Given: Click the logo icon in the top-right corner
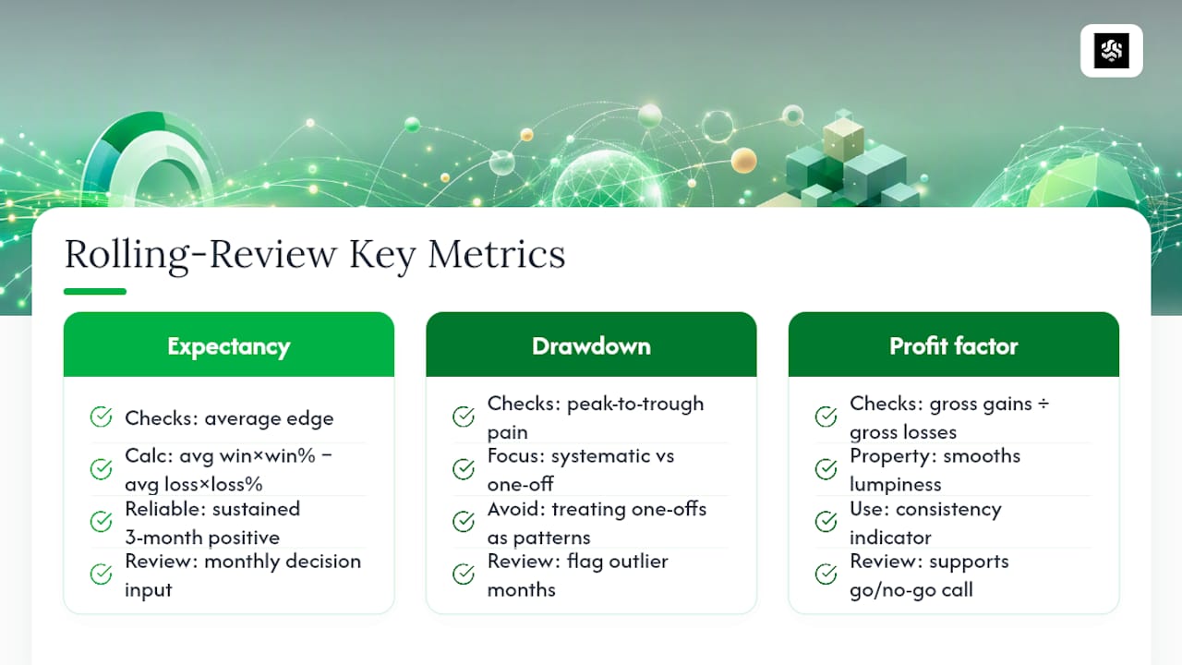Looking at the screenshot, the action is pyautogui.click(x=1111, y=51).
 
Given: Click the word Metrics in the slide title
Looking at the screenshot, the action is pyautogui.click(x=497, y=254).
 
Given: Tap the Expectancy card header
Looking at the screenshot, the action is pyautogui.click(x=228, y=345).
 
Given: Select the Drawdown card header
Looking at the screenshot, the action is pyautogui.click(x=591, y=345).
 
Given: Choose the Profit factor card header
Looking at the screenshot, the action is pyautogui.click(x=954, y=345).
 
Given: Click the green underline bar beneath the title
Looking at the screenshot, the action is pyautogui.click(x=95, y=291).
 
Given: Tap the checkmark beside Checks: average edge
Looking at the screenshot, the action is pyautogui.click(x=101, y=417).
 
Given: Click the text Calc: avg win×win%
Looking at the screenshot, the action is pyautogui.click(x=220, y=455).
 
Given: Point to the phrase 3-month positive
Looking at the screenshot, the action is pyautogui.click(x=202, y=538).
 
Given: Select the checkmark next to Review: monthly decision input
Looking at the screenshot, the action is pyautogui.click(x=101, y=574).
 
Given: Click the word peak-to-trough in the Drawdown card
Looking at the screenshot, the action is pyautogui.click(x=635, y=405).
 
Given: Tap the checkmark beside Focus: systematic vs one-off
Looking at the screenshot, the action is pyautogui.click(x=464, y=468).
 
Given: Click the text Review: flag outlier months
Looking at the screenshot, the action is pyautogui.click(x=578, y=575).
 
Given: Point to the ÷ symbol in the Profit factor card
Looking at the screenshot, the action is pyautogui.click(x=1043, y=404).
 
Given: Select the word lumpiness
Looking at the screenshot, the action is pyautogui.click(x=896, y=484).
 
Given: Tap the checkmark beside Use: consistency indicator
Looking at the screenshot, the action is pyautogui.click(x=826, y=522).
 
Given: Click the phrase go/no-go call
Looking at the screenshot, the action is pyautogui.click(x=911, y=590).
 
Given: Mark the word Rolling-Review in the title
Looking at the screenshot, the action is pyautogui.click(x=200, y=254).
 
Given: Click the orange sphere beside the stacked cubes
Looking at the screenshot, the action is pyautogui.click(x=744, y=160).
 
